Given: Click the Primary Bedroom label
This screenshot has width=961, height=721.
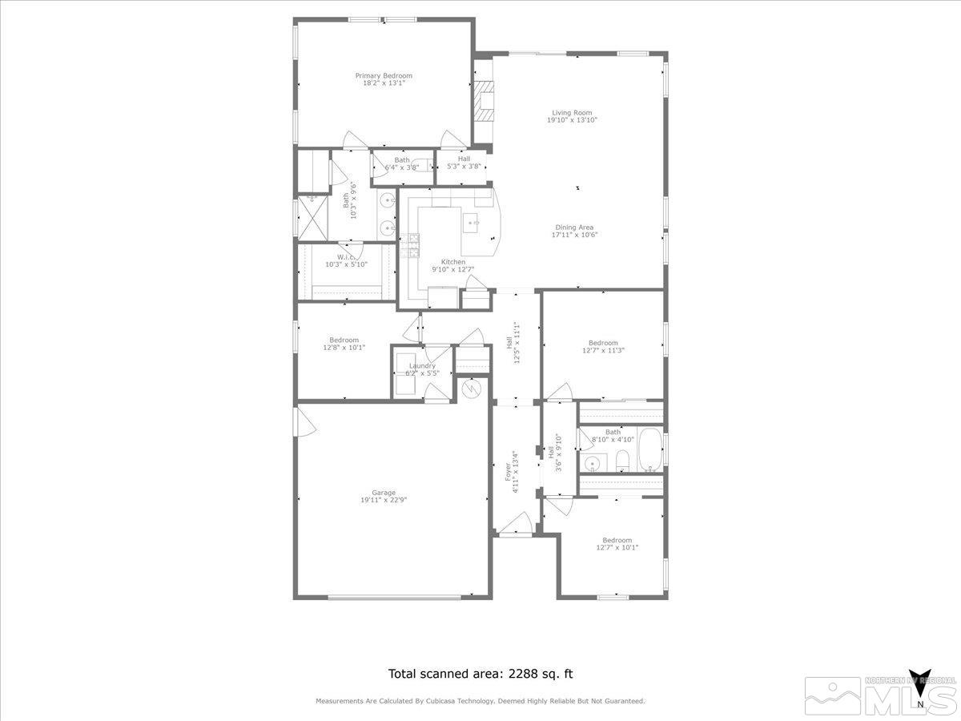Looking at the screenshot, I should pyautogui.click(x=384, y=75).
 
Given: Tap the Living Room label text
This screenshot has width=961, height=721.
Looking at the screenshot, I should pyautogui.click(x=572, y=113).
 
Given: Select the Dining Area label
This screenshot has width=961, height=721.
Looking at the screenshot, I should pyautogui.click(x=574, y=228).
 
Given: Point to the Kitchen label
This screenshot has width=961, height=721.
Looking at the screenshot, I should pyautogui.click(x=453, y=262).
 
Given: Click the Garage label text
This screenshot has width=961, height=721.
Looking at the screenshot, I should pyautogui.click(x=384, y=493).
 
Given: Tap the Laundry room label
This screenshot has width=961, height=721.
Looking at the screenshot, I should pyautogui.click(x=422, y=366).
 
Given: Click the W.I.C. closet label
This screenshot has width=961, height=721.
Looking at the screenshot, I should pyautogui.click(x=346, y=257).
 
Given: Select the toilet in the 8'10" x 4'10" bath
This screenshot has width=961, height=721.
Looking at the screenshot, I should pyautogui.click(x=621, y=461).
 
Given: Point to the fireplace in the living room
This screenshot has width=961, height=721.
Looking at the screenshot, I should pyautogui.click(x=483, y=101).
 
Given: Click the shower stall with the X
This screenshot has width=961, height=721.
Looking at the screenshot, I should pyautogui.click(x=313, y=216).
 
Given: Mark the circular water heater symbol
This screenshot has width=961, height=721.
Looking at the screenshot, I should pyautogui.click(x=472, y=389).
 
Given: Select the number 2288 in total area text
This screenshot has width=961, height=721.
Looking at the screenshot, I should pyautogui.click(x=524, y=675).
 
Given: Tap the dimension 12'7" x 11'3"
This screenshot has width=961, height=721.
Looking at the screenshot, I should pyautogui.click(x=603, y=350).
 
